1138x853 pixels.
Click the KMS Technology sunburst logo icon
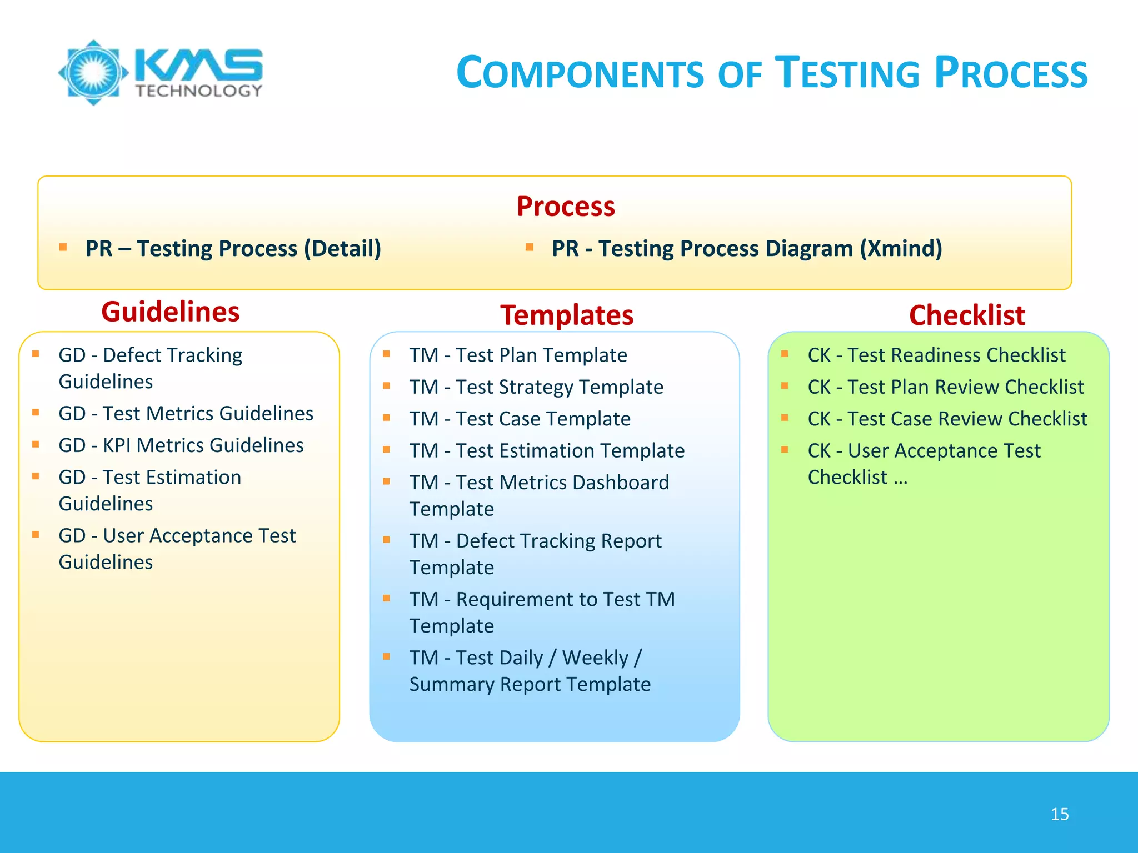(93, 72)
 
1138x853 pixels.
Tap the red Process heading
(566, 207)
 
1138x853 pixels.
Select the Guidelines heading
(170, 312)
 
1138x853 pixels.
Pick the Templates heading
(566, 315)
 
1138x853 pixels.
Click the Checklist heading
(966, 315)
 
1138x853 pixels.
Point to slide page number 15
(1059, 814)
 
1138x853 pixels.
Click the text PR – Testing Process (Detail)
(233, 248)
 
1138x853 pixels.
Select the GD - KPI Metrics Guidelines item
(181, 445)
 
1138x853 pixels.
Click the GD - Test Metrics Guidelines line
(186, 414)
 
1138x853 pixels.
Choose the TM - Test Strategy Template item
(536, 387)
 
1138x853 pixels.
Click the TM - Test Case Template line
(520, 419)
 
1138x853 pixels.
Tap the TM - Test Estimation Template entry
(547, 451)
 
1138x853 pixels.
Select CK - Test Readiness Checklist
(936, 355)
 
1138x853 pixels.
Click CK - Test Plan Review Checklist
(945, 387)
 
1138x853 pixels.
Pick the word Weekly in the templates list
(595, 658)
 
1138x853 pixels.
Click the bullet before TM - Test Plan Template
(386, 354)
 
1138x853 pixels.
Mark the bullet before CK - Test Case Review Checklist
(785, 418)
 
